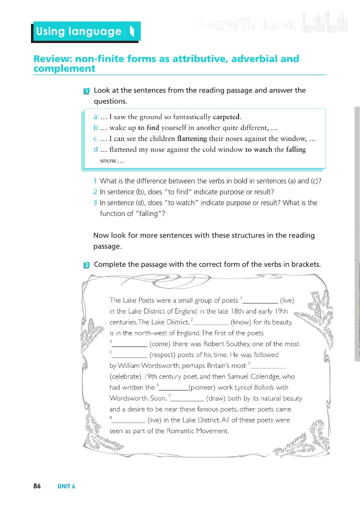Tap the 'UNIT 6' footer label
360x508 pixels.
[66, 486]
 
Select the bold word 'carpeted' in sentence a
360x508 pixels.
[227, 117]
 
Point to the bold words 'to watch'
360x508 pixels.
[258, 149]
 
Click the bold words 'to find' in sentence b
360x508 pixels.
[148, 127]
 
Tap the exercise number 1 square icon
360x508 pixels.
[86, 91]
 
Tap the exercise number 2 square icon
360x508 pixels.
[86, 264]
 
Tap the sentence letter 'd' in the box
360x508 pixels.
[95, 149]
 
